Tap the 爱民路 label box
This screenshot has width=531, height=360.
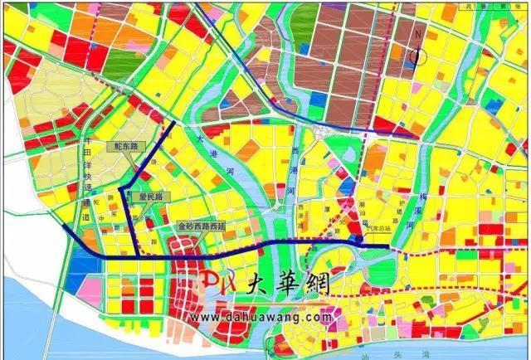tap(153, 197)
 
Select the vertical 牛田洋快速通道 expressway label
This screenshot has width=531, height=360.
tap(87, 178)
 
